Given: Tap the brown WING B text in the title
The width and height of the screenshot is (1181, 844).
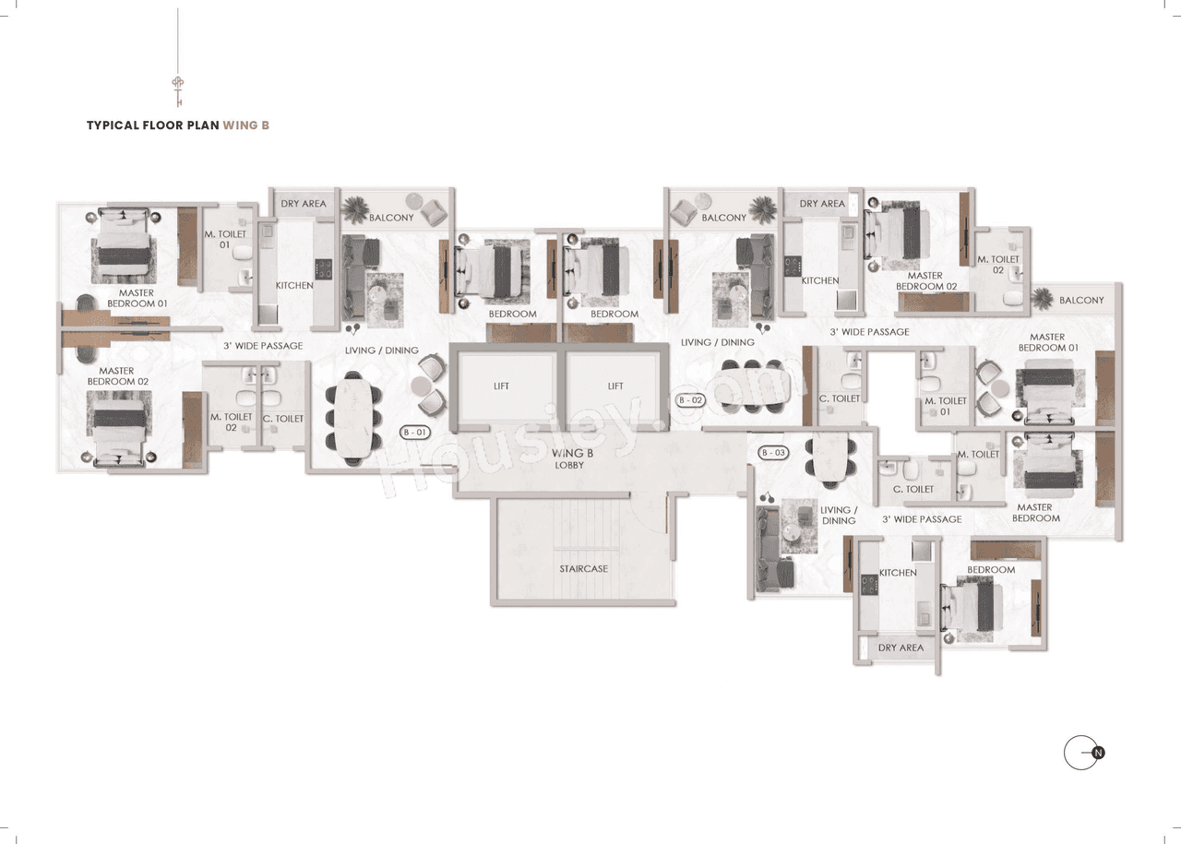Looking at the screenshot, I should click(x=245, y=125).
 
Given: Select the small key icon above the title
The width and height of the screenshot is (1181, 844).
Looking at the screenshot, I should click(x=177, y=90).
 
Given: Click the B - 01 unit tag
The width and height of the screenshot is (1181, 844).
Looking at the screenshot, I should click(x=415, y=431).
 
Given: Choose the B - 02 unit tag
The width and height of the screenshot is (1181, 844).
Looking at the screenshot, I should click(x=691, y=400).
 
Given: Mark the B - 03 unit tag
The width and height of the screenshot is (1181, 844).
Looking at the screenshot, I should click(x=773, y=453).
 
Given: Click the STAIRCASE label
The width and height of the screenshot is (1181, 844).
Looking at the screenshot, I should click(x=583, y=568).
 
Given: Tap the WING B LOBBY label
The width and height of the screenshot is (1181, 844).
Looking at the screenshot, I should click(x=569, y=458).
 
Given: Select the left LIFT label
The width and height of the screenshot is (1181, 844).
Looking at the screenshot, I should click(x=501, y=386).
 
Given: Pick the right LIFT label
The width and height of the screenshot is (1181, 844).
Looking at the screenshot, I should click(x=615, y=386).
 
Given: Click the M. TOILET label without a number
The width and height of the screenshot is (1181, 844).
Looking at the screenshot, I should click(x=978, y=454).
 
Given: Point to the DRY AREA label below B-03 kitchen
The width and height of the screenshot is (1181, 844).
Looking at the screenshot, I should click(x=900, y=648).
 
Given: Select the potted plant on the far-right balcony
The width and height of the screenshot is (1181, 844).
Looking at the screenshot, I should click(x=1044, y=298).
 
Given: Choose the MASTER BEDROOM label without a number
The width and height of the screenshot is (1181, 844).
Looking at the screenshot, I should click(x=1035, y=512).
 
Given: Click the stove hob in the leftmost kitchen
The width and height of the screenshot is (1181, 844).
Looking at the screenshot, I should click(x=324, y=268).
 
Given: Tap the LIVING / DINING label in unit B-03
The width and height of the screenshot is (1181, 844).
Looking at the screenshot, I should click(x=838, y=515).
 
